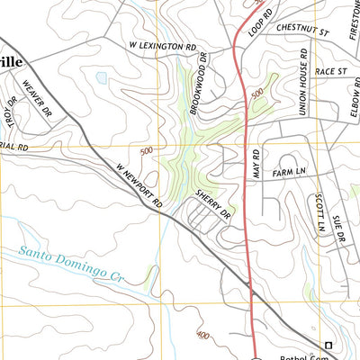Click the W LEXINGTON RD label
pyautogui.click(x=162, y=45)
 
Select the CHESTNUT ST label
pyautogui.click(x=305, y=29)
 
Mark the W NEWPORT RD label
pyautogui.click(x=139, y=183)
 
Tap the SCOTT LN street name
pyautogui.click(x=319, y=212)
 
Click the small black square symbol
pyautogui.click(x=328, y=346)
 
